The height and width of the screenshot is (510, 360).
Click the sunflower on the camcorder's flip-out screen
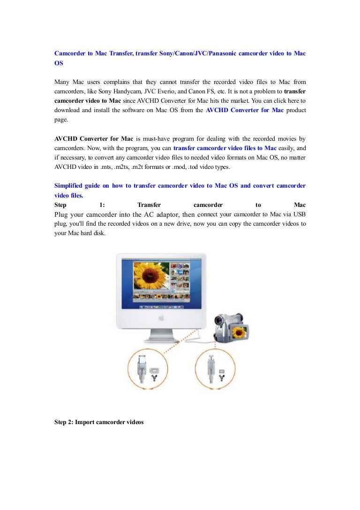(240, 332)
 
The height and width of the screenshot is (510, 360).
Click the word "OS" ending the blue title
(59, 63)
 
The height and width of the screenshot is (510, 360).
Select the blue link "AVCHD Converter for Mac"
(245, 110)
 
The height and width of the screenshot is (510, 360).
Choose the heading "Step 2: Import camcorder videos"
(99, 422)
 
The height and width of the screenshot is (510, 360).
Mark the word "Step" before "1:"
(60, 205)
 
